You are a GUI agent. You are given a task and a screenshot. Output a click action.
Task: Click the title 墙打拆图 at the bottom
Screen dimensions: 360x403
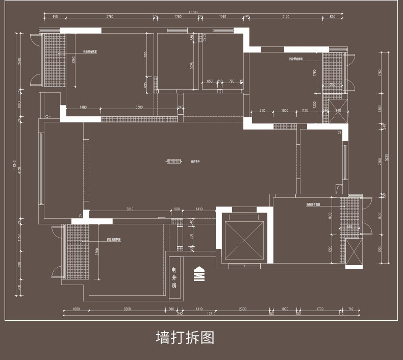(185, 338)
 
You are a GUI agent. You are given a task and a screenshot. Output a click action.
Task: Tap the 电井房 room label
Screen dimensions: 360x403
(174, 277)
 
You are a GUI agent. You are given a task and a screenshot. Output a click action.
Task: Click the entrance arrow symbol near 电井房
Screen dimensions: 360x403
(198, 274)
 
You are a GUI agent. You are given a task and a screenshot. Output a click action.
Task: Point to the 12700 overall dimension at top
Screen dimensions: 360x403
(192, 11)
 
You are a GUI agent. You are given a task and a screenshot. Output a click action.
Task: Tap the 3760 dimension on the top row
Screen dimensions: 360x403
(110, 17)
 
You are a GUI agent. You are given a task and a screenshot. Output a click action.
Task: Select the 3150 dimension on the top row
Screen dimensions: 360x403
(286, 17)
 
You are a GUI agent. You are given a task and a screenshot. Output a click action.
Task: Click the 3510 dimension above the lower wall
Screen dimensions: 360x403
(130, 209)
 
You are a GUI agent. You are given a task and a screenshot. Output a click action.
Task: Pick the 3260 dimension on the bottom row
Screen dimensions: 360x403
(128, 309)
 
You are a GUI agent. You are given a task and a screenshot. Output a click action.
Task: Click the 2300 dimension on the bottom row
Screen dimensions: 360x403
(243, 309)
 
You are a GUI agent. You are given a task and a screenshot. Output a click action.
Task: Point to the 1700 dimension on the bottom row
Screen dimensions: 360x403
(319, 309)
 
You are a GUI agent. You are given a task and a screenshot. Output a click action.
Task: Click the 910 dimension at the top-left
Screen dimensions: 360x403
(55, 17)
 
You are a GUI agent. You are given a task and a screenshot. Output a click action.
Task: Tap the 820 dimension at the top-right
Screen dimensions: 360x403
(332, 17)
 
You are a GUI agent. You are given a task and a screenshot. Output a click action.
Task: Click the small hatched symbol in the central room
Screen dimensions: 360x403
(174, 162)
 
